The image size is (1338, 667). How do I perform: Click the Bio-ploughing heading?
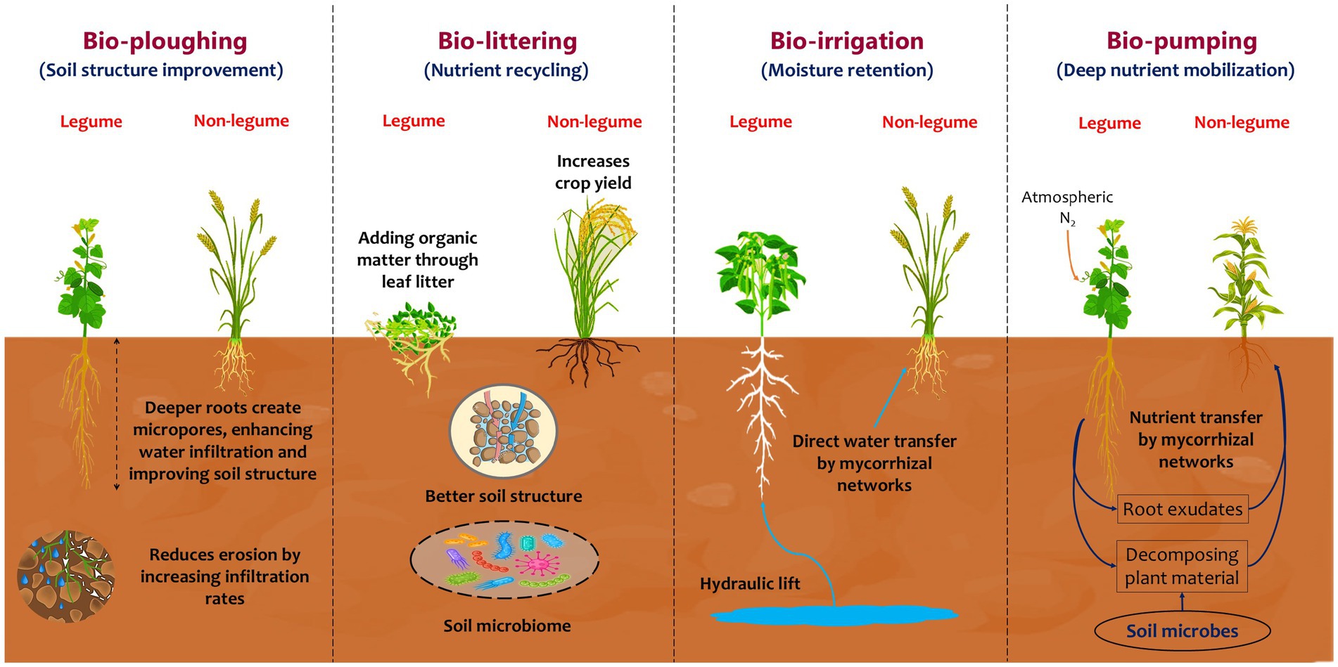coord(165,41)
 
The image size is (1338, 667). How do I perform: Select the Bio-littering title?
coord(507,41)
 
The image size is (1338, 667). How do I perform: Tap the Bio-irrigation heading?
coord(847,41)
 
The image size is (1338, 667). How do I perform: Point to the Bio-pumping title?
coord(1182,41)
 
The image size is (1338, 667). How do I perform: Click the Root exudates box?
coord(1183,509)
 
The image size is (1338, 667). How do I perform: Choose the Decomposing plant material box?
coord(1182,566)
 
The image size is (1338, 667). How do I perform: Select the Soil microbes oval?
coord(1182,630)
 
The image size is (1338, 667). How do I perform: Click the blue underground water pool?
coord(834,616)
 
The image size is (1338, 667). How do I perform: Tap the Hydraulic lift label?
coord(750,583)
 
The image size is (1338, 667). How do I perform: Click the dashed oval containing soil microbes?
coord(504,560)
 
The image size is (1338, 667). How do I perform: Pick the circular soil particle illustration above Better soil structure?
coord(503,432)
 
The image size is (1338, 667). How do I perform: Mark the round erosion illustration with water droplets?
coord(66,576)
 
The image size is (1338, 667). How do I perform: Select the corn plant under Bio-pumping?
coord(1246,281)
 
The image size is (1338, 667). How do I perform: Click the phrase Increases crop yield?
coord(593,172)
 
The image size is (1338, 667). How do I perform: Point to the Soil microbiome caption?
coord(507,626)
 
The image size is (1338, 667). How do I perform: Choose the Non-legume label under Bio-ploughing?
coord(241,121)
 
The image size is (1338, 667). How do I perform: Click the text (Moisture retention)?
coord(847,70)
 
